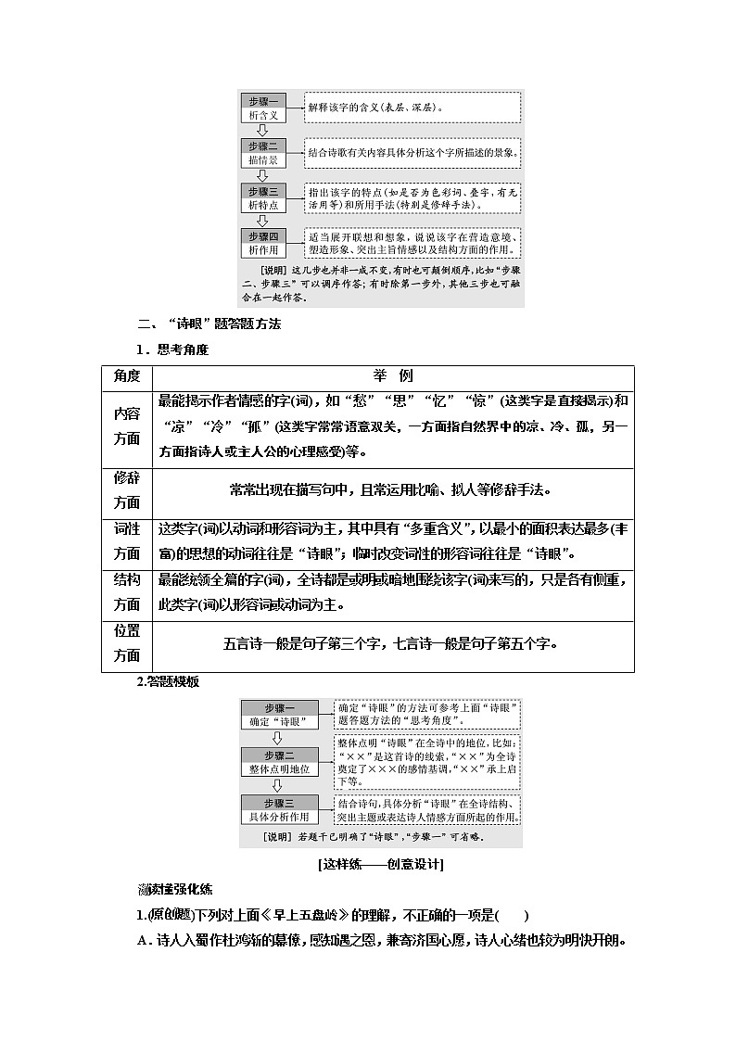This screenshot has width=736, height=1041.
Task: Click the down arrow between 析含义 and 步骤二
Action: click(x=262, y=130)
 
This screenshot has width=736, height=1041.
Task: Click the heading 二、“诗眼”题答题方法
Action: click(x=209, y=324)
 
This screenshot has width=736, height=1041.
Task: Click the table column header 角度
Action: click(x=127, y=375)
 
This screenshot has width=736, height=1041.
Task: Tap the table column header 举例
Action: click(x=393, y=375)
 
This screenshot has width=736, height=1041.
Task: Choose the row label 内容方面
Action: click(x=127, y=426)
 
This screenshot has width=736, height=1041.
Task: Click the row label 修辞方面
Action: click(x=127, y=490)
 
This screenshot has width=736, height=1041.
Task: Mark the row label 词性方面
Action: click(x=127, y=541)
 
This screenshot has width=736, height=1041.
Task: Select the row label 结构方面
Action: click(x=127, y=592)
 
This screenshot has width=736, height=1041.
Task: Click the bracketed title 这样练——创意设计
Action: click(x=380, y=865)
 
